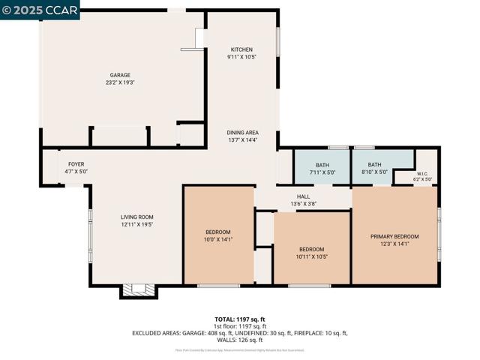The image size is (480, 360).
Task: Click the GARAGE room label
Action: pyautogui.click(x=120, y=75)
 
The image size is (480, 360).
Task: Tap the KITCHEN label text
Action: pyautogui.click(x=241, y=49)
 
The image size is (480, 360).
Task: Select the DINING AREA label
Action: pyautogui.click(x=243, y=133)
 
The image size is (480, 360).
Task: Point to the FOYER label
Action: pyautogui.click(x=76, y=164)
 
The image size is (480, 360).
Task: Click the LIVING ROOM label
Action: pyautogui.click(x=136, y=217)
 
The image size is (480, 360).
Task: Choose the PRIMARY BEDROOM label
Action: pyautogui.click(x=394, y=236)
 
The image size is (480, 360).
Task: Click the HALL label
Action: pyautogui.click(x=303, y=196)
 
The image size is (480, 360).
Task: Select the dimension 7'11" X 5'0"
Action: pyautogui.click(x=322, y=172)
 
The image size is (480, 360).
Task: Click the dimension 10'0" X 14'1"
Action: pyautogui.click(x=218, y=240)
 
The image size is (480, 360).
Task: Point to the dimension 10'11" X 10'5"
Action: pyautogui.click(x=312, y=256)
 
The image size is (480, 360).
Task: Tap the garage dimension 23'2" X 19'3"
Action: pyautogui.click(x=120, y=83)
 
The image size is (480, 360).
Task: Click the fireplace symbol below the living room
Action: pyautogui.click(x=137, y=290)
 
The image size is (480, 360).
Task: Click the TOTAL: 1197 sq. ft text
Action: pyautogui.click(x=239, y=319)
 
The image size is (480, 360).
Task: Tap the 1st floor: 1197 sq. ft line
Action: pyautogui.click(x=239, y=326)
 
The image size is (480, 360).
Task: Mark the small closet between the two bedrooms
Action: pyautogui.click(x=263, y=229)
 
